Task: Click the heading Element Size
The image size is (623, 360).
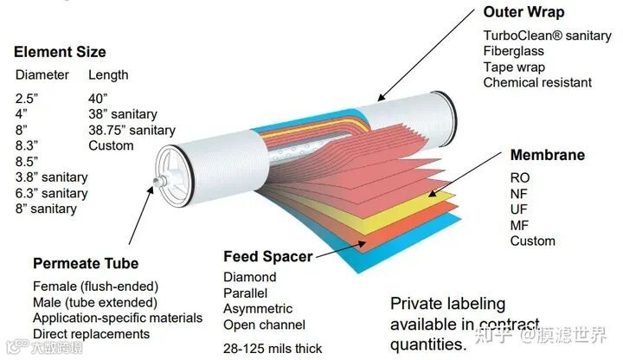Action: click(60, 52)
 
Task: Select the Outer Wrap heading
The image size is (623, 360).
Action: click(523, 12)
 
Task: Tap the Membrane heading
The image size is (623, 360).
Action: click(547, 156)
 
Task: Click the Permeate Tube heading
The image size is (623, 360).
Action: click(85, 263)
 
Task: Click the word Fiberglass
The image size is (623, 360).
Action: click(514, 51)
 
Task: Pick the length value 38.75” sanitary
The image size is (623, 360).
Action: click(132, 131)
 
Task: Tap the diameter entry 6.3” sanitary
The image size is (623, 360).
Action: click(52, 193)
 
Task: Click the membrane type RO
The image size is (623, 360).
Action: click(520, 178)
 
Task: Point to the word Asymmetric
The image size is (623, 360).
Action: click(258, 309)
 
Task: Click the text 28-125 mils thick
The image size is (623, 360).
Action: click(273, 349)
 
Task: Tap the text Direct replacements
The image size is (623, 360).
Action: click(91, 334)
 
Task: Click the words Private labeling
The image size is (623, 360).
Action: click(447, 304)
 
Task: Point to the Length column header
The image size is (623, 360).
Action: click(108, 75)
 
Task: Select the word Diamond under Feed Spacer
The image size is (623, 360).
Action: click(250, 278)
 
